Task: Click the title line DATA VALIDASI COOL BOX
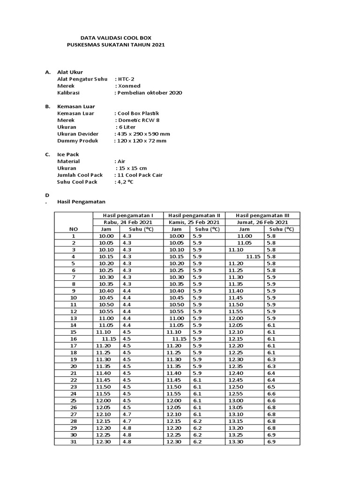116,37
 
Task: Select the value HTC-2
127,79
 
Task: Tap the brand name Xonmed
128,86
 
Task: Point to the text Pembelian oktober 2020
149,93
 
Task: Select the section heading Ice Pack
68,154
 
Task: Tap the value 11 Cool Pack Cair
139,175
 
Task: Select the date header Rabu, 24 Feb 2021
127,222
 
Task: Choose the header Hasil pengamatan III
262,215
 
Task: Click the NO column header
73,229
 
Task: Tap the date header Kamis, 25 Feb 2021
194,222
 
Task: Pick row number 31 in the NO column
73,442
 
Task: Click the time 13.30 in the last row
236,442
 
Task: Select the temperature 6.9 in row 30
271,435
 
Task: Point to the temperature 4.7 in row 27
127,414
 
